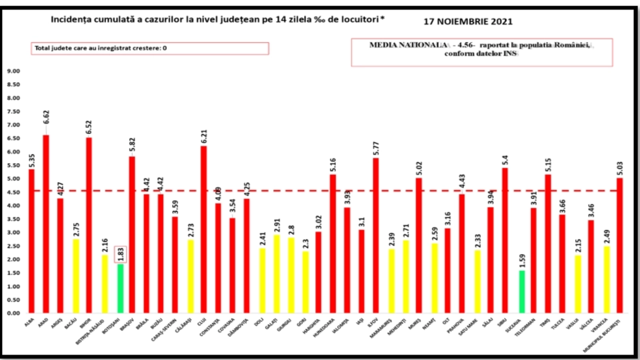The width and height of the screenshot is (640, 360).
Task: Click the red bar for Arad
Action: coord(46,224)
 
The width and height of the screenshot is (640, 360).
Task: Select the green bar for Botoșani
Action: coord(120,288)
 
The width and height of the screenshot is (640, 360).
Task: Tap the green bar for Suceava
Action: coord(522,292)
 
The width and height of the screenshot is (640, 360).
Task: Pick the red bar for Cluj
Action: coord(204,230)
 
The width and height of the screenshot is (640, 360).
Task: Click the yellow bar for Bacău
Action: coord(75,276)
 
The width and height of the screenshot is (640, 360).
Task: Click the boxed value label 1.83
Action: coord(120,254)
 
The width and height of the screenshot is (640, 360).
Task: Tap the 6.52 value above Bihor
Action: coord(89,127)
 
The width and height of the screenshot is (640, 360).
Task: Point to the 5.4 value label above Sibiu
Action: coord(505,160)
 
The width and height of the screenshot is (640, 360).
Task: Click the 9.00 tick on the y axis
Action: coord(13,71)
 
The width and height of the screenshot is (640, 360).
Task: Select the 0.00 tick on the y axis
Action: coord(13,313)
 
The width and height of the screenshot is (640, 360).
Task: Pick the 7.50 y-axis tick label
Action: coord(13,112)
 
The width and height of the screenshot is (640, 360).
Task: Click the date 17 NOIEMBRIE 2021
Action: coord(468,22)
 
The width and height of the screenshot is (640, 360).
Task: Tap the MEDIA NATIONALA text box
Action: coord(482,52)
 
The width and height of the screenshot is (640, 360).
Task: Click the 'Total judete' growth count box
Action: coord(150,48)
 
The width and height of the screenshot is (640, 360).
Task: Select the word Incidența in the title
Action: coord(70,19)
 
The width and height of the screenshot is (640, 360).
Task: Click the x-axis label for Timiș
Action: coord(545,322)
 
